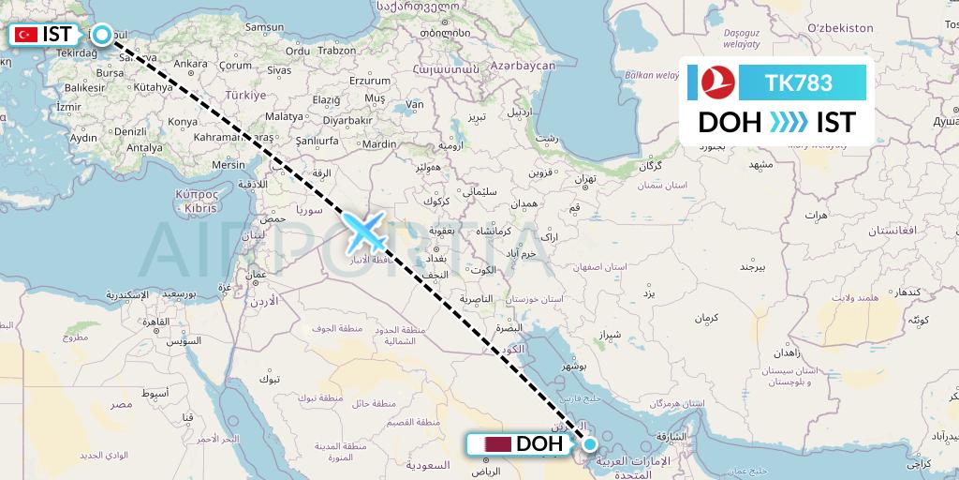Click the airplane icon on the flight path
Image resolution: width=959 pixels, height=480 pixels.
366,232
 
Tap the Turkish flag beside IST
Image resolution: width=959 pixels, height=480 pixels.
26,35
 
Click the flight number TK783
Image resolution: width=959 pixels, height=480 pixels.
798,83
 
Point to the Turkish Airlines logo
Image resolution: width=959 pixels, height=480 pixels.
718,83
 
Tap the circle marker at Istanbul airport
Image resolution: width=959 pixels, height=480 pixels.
102,35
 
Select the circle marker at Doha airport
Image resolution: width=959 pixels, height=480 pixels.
590,443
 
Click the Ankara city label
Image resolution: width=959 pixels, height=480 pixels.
191,65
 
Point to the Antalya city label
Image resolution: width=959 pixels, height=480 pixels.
144,147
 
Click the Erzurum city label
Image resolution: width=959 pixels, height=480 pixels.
368,81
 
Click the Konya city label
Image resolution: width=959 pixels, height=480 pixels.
182,122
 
